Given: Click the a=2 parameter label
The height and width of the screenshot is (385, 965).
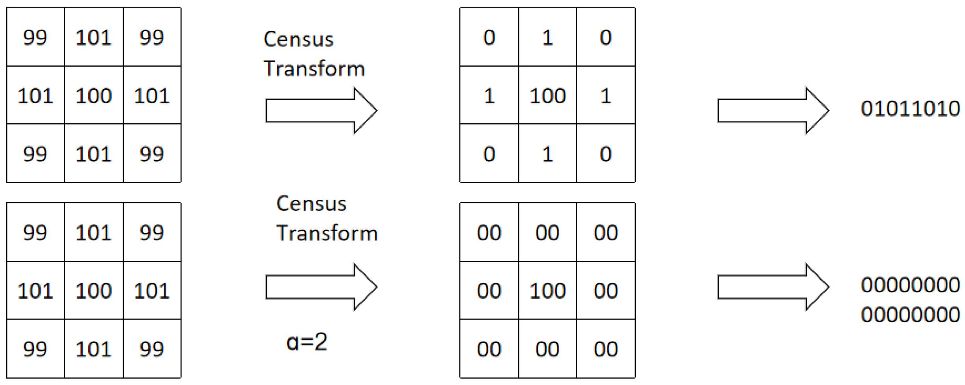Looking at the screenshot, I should pos(307,342).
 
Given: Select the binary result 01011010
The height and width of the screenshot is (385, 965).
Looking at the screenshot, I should pos(910,109).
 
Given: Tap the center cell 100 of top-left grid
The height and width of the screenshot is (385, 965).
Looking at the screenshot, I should pos(94,96).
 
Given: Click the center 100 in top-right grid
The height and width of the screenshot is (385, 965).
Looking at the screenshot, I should pos(547,96).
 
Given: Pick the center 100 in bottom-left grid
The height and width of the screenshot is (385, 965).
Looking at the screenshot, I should pos(94,291).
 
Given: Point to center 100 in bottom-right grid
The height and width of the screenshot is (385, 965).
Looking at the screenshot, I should pos(547,291).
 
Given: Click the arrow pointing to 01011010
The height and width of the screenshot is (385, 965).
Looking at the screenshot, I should pos(773,111).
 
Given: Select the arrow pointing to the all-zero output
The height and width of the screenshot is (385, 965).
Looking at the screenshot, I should pos(773,287).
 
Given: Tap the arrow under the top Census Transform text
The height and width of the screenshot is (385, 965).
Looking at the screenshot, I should pos(321,111).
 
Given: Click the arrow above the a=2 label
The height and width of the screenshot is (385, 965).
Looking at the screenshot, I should pos(321,287).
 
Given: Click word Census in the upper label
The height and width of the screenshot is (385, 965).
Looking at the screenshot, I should pos(299,39).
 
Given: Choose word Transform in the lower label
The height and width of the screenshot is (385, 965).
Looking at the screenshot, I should pos(327,233).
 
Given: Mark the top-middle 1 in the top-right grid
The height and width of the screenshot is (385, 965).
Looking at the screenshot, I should pos(547,38).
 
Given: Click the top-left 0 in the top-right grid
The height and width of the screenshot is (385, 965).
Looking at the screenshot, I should pos(489,38).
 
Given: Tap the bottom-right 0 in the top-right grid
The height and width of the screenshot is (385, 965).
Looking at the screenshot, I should pos(606,154).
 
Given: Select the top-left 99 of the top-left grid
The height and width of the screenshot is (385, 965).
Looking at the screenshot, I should pos(35,38).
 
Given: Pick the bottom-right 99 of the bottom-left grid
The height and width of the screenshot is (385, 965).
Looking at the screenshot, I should pos(152,349).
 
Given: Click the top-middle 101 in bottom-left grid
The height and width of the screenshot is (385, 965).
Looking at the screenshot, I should pos(94,232).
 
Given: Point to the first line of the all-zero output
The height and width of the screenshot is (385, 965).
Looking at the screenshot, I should pos(910,285).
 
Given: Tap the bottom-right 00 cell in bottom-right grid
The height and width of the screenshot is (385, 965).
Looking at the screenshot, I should pos(606,349).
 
